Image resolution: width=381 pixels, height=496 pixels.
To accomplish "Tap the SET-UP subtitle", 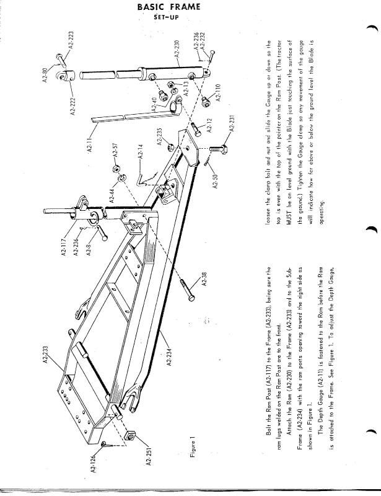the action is pos(166,17).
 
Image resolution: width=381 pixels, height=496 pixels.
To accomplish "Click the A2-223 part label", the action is pos(71,40).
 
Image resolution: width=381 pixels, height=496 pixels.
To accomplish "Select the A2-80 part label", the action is pos(45,76).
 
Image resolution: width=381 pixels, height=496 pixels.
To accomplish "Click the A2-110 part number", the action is pos(218,92).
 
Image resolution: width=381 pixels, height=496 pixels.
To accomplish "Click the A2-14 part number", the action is pos(141,151).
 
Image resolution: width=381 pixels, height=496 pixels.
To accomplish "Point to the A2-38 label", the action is pos(204,279).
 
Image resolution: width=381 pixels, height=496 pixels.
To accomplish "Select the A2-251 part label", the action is pos(149,455).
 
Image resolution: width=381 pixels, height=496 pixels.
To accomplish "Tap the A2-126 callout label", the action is pos(94,463).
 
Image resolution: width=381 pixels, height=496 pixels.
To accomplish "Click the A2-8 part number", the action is pos(89,249).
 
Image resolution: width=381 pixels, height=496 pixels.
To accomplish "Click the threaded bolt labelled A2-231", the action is pos(218,148).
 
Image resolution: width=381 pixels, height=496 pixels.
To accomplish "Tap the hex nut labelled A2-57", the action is pos(115,167).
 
